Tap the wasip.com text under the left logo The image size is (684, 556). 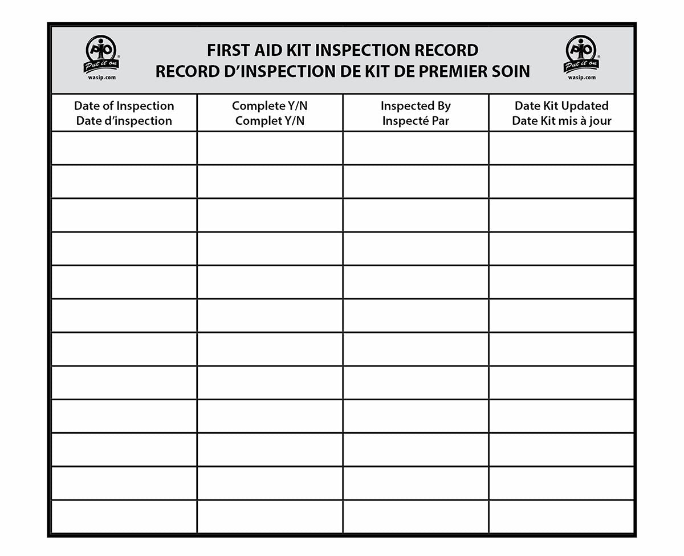(101, 77)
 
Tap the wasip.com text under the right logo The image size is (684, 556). (581, 77)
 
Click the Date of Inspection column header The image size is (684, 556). (124, 106)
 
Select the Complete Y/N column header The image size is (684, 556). (270, 106)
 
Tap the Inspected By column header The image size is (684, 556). (416, 106)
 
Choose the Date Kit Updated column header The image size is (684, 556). (561, 106)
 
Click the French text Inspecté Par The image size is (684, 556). (416, 121)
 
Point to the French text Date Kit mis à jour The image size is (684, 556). (561, 121)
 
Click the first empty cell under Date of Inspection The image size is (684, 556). (124, 148)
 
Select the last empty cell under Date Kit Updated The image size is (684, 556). (561, 516)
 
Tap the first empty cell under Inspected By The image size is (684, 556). (416, 148)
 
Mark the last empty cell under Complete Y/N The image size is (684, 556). (270, 516)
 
